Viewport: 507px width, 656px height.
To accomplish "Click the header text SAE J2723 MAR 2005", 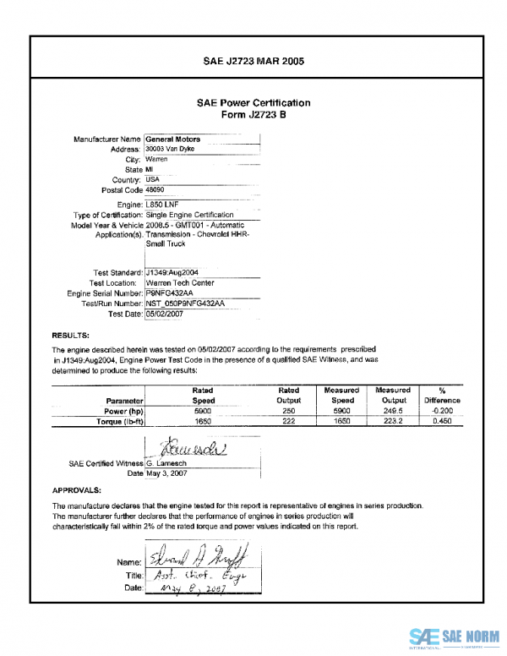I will point(253,61).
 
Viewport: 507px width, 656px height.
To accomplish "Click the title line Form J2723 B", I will point(253,116).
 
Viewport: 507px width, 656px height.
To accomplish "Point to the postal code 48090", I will point(155,190).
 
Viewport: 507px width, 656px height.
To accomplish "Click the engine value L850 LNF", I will point(162,205).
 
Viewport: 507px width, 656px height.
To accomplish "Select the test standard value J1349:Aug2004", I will point(172,272).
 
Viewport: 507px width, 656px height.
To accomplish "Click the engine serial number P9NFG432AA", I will point(170,292).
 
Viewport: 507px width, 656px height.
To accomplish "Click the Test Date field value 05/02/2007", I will point(166,314).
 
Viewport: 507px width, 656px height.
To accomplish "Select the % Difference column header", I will point(442,396).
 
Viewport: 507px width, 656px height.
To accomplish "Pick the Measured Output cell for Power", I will point(394,410).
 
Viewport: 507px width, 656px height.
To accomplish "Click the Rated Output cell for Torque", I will point(288,420).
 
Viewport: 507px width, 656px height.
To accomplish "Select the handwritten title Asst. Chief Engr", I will point(188,574).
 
